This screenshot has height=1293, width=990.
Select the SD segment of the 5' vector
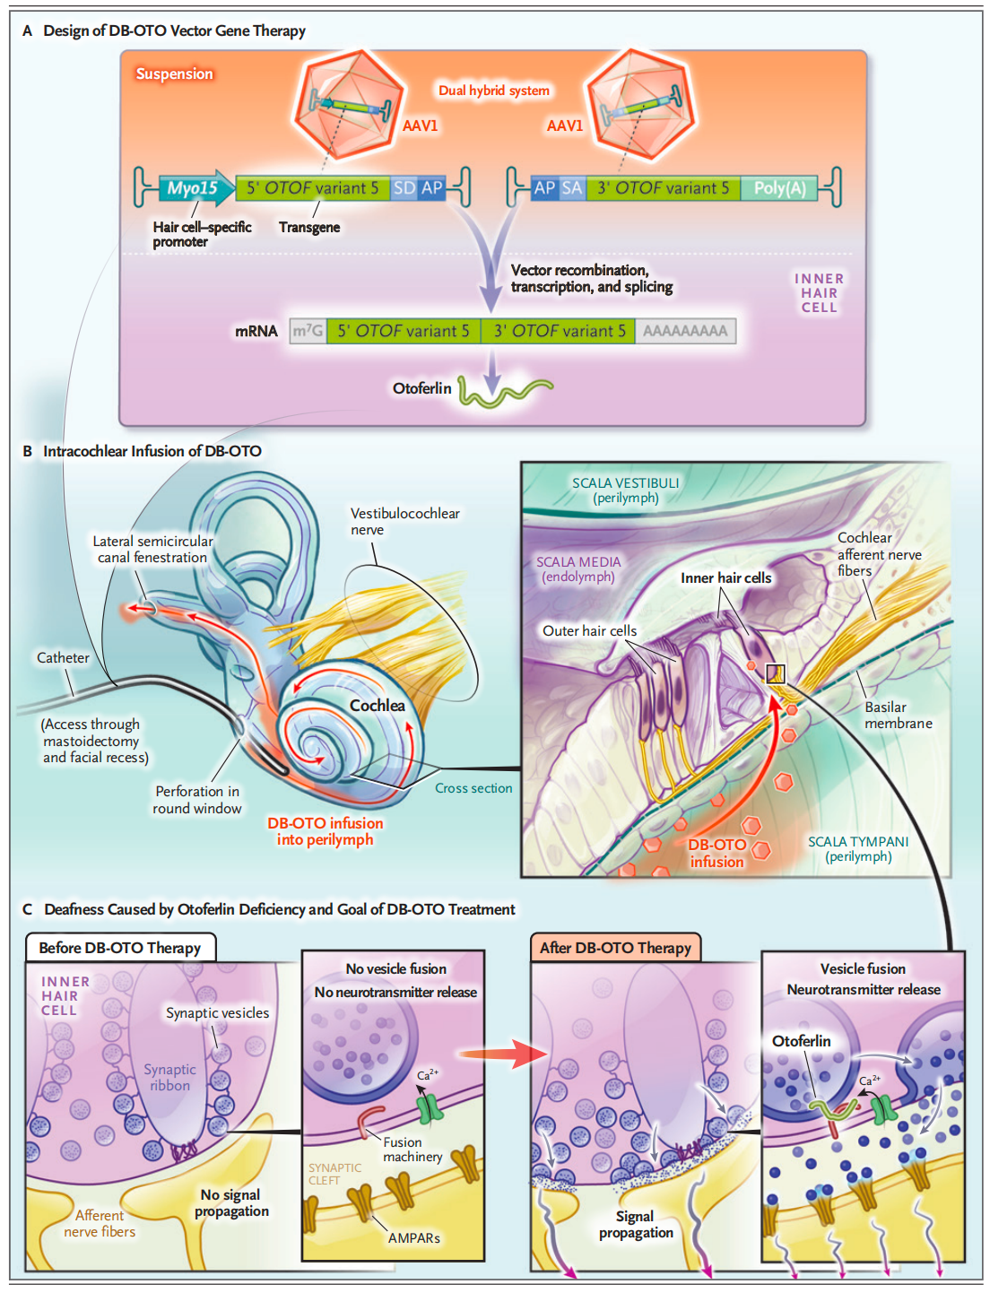click(x=404, y=188)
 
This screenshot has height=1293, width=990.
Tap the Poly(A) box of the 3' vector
click(x=778, y=188)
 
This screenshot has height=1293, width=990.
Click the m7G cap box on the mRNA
click(x=308, y=331)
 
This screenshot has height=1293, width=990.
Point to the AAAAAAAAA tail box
click(x=685, y=331)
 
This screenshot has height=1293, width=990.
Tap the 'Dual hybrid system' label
click(x=493, y=91)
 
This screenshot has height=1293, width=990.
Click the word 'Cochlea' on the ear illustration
click(x=377, y=706)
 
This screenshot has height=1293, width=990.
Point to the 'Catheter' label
click(x=63, y=658)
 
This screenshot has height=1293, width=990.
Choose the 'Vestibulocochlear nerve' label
click(x=404, y=521)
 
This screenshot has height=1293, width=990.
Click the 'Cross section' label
click(x=473, y=788)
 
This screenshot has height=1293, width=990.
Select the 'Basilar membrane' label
click(x=898, y=715)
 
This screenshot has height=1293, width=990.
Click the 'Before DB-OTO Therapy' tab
click(x=120, y=948)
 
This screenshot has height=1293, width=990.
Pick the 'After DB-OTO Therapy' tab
click(x=615, y=948)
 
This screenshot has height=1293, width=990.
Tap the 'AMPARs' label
click(x=413, y=1238)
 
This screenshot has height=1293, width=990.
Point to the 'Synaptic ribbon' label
click(x=169, y=1077)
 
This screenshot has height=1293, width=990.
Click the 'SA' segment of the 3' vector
click(x=571, y=188)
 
